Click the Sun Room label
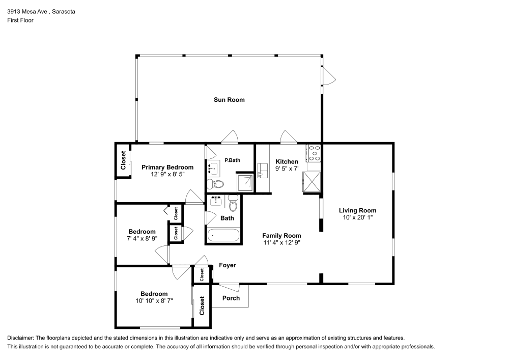(x=229, y=100)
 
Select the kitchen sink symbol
(x=262, y=171)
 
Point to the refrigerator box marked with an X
(x=312, y=181)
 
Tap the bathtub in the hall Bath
(x=223, y=236)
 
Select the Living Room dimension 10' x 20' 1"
(x=357, y=217)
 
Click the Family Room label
(x=281, y=236)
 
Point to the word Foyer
(x=227, y=265)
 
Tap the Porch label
(x=231, y=298)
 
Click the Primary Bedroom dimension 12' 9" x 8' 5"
(x=167, y=174)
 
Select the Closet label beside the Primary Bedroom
(x=123, y=160)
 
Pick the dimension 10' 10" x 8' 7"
(x=154, y=301)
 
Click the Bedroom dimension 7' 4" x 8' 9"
(x=142, y=238)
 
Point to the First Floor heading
(x=20, y=20)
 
